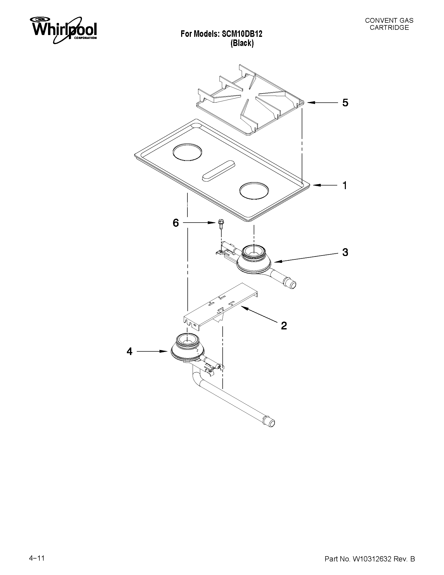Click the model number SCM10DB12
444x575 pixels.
(242, 34)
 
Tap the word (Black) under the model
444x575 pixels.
(242, 43)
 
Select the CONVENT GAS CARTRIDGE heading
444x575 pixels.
(389, 24)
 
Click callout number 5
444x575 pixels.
(345, 103)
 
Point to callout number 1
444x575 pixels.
(345, 185)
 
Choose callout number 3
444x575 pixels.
(345, 252)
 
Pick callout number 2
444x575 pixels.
(284, 326)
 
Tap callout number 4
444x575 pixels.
(129, 351)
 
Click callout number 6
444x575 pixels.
(176, 223)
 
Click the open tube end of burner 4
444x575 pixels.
(271, 423)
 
